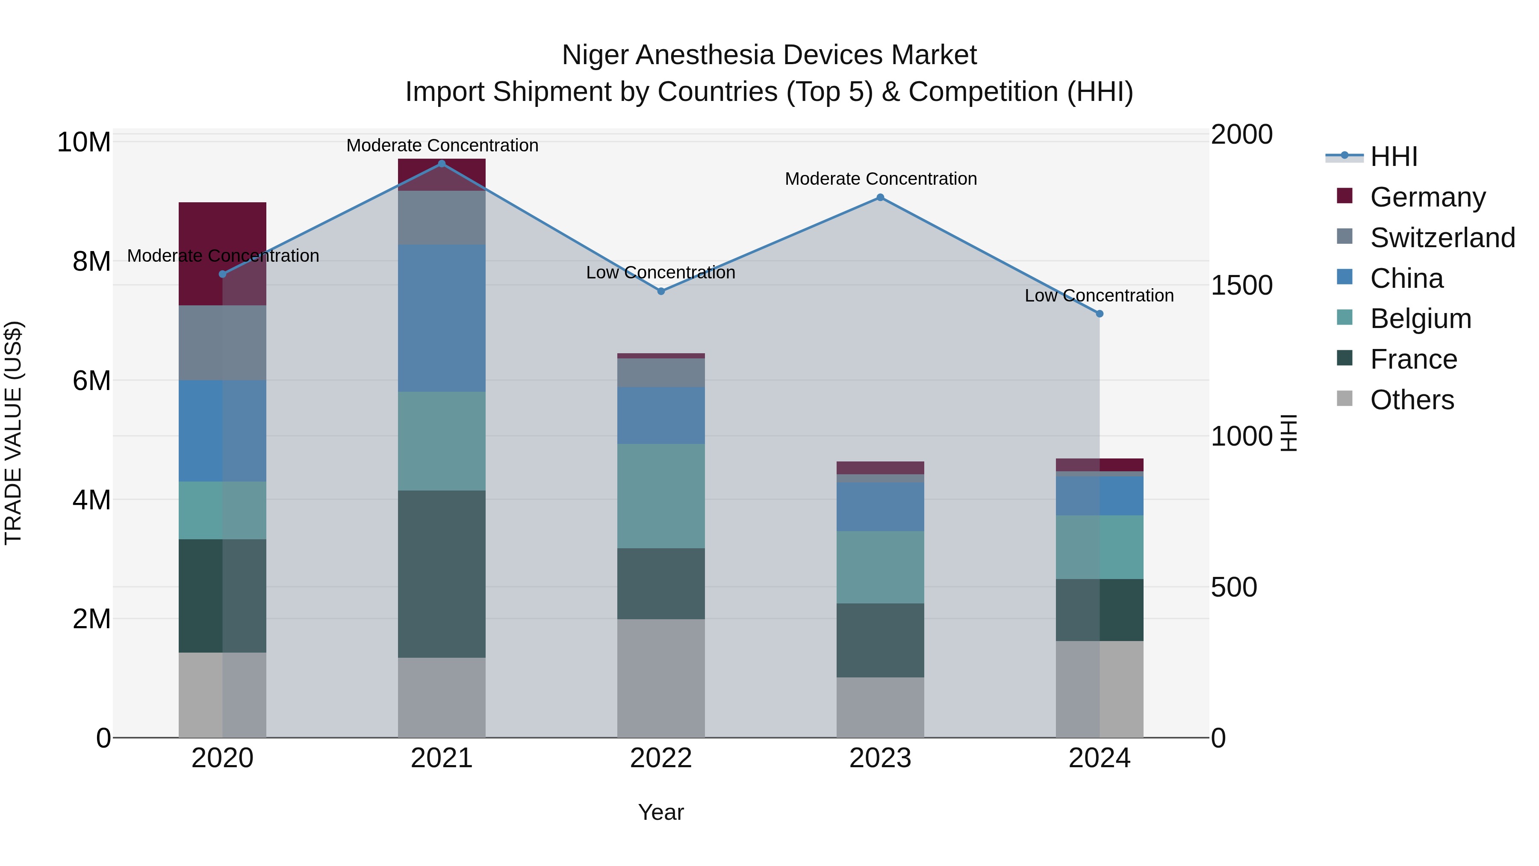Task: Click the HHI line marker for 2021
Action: tap(442, 164)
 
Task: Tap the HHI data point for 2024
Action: tap(1099, 314)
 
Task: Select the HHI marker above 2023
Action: tap(880, 197)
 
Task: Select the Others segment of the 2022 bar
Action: tap(661, 678)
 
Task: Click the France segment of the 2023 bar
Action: tap(880, 640)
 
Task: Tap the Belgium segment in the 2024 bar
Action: tap(1099, 547)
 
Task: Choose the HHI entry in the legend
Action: tap(1393, 157)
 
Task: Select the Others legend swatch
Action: tap(1344, 399)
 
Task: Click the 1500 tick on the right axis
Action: tap(1241, 286)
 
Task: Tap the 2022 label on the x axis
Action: tap(661, 758)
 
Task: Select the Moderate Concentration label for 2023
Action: tap(881, 179)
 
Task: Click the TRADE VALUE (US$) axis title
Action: tap(14, 433)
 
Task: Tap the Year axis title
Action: tap(661, 812)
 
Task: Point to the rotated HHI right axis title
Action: tap(1289, 433)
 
